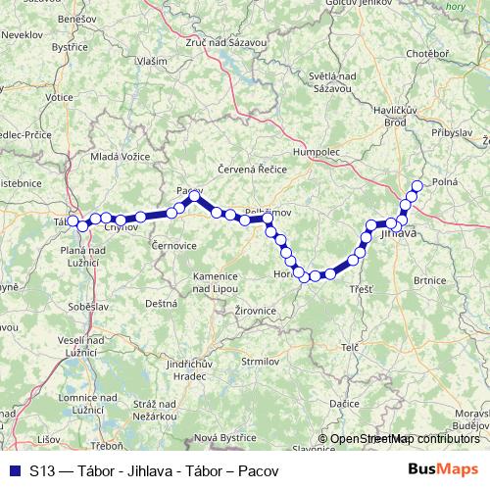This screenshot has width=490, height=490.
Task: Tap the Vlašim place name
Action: pyautogui.click(x=152, y=61)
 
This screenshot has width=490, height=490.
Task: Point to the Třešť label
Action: pyautogui.click(x=360, y=289)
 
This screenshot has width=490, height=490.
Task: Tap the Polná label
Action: pyautogui.click(x=446, y=182)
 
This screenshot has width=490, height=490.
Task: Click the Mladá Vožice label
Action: pyautogui.click(x=120, y=156)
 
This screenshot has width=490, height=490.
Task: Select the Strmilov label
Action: pyautogui.click(x=260, y=362)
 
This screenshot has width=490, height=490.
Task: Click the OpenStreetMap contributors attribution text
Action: pyautogui.click(x=405, y=439)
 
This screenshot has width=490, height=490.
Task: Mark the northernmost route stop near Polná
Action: pyautogui.click(x=417, y=185)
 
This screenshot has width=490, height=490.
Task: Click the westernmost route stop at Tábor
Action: pyautogui.click(x=73, y=222)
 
